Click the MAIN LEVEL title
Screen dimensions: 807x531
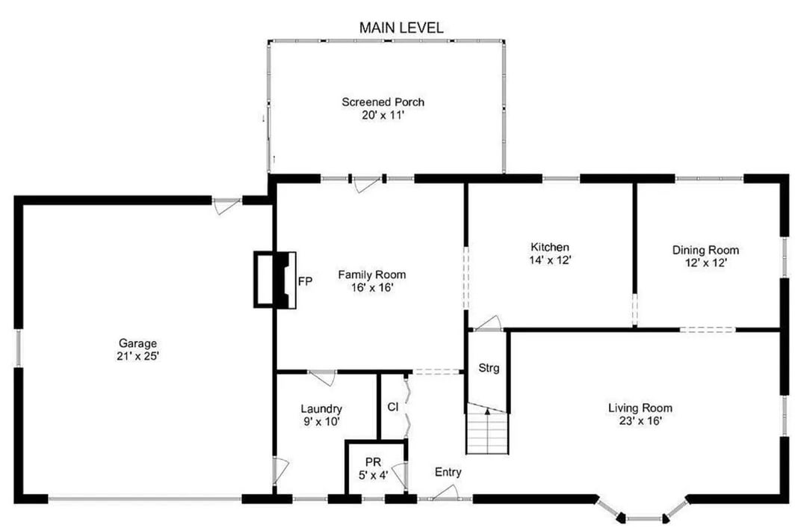point(401,28)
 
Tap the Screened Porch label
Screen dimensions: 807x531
point(383,102)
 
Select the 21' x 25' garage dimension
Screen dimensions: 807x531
point(138,356)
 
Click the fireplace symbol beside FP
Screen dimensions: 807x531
point(275,280)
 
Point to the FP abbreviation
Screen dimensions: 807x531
point(305,281)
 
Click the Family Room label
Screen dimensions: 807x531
point(371,274)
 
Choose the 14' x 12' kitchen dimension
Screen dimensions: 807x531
point(550,260)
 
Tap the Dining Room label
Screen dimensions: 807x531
point(705,250)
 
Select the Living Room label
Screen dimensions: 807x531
point(640,408)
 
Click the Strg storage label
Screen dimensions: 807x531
point(489,368)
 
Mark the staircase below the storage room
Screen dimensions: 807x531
point(487,429)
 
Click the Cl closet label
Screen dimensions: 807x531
point(393,407)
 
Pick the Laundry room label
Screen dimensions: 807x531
point(321,409)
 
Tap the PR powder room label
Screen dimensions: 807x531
point(373,462)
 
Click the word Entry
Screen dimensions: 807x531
point(448,472)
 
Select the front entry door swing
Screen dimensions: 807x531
point(445,493)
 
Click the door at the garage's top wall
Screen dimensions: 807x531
point(226,206)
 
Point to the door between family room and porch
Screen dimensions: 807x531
point(367,184)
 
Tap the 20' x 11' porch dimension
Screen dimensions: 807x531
point(383,115)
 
